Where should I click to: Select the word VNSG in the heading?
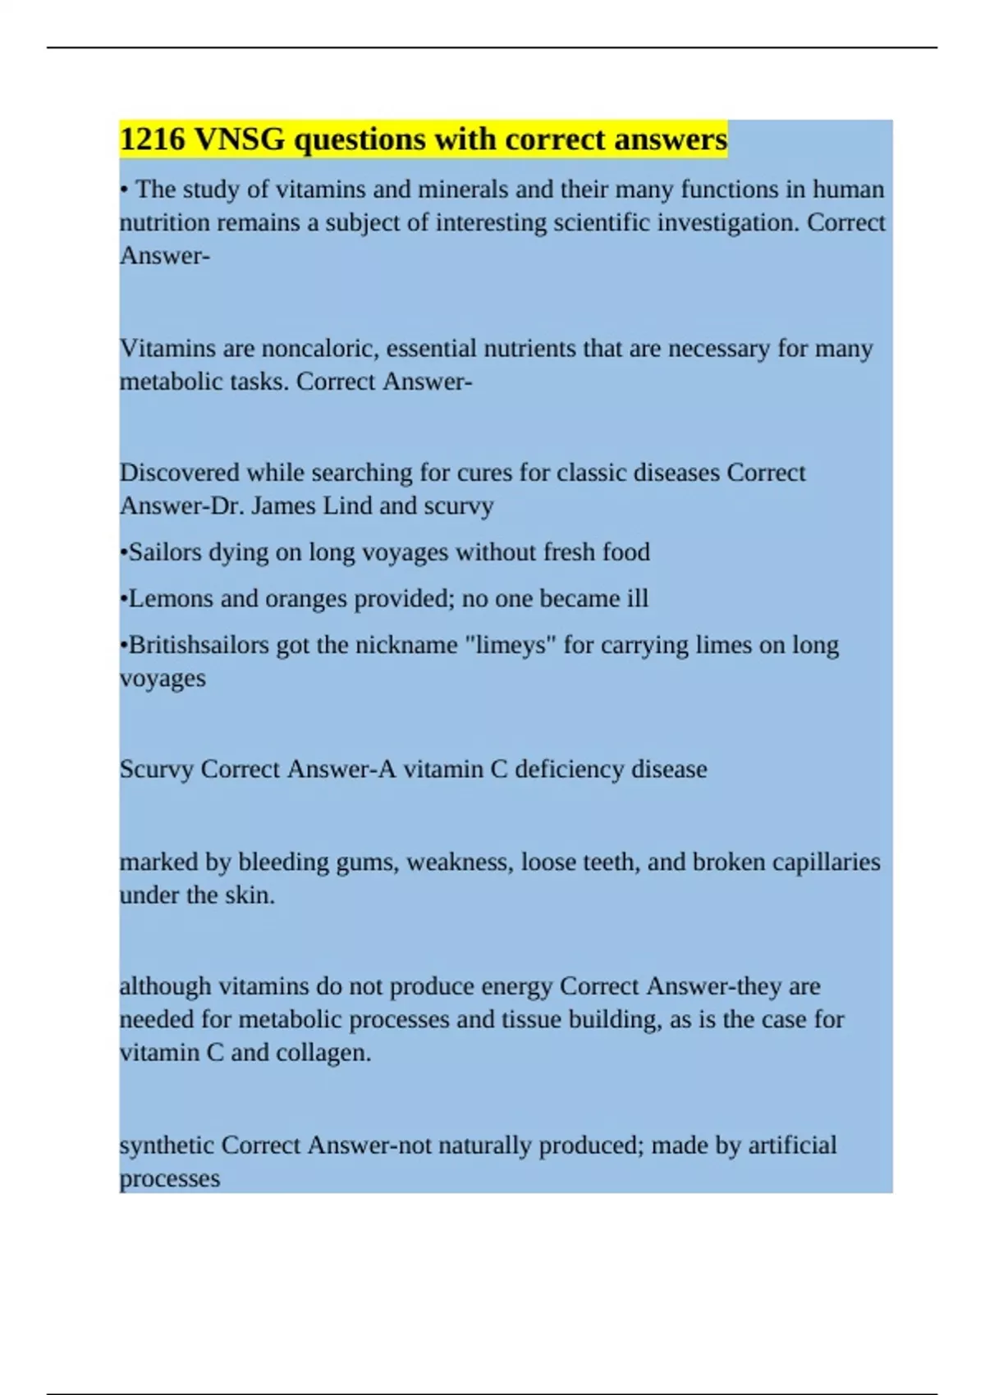click(x=240, y=139)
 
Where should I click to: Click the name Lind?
click(x=347, y=505)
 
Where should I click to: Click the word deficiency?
click(x=569, y=770)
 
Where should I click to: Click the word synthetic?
click(x=167, y=1146)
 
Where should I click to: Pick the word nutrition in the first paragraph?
click(x=162, y=223)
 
